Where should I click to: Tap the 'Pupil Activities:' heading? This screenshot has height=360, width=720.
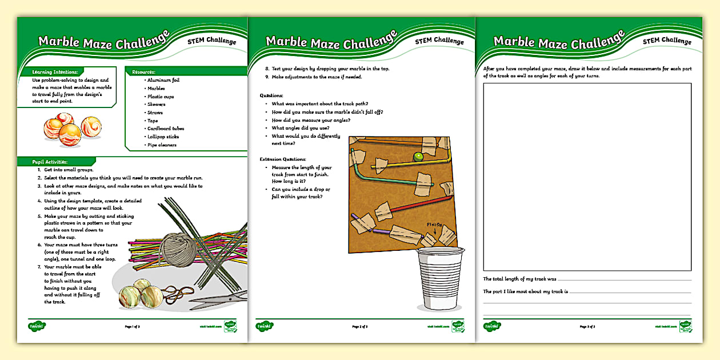pyautogui.click(x=50, y=162)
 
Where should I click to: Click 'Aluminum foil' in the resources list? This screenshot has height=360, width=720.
pyautogui.click(x=163, y=81)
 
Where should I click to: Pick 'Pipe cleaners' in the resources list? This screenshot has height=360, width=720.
pyautogui.click(x=162, y=145)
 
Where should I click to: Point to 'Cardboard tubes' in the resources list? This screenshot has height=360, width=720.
pyautogui.click(x=165, y=129)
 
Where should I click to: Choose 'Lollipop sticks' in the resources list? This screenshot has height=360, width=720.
pyautogui.click(x=163, y=137)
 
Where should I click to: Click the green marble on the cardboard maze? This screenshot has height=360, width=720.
pyautogui.click(x=418, y=156)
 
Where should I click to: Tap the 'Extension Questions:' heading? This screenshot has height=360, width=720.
pyautogui.click(x=283, y=159)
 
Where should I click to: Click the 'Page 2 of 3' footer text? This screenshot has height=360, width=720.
pyautogui.click(x=360, y=327)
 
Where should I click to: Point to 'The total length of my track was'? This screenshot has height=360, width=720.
pyautogui.click(x=519, y=279)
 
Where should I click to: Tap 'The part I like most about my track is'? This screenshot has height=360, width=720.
pyautogui.click(x=526, y=291)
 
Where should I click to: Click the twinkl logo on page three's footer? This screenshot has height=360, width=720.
pyautogui.click(x=493, y=326)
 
